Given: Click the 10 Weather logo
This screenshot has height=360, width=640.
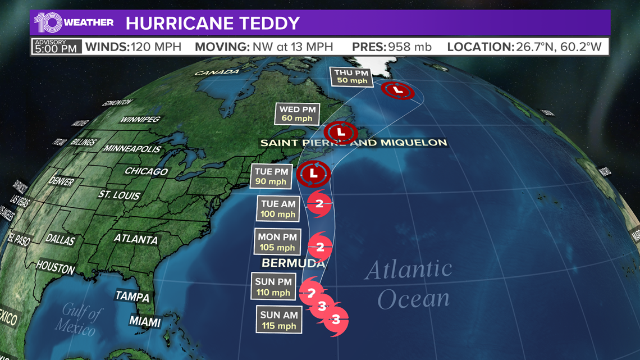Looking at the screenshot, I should pyautogui.click(x=74, y=23).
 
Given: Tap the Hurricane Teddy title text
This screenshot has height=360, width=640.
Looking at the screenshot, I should pyautogui.click(x=213, y=24).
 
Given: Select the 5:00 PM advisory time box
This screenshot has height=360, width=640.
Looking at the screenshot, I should pyautogui.click(x=56, y=46).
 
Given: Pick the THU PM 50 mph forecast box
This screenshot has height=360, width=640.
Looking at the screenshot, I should pyautogui.click(x=351, y=77).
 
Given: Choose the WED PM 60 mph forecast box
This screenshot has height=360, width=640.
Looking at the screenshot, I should pyautogui.click(x=297, y=114).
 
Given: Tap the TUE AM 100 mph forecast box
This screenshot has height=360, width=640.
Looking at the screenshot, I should pyautogui.click(x=278, y=209).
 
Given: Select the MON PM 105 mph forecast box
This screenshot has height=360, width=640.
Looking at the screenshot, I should pyautogui.click(x=277, y=242).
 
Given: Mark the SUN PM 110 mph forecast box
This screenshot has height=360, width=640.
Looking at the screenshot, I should pyautogui.click(x=273, y=287).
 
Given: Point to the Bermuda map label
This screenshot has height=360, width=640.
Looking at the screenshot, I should pyautogui.click(x=293, y=263).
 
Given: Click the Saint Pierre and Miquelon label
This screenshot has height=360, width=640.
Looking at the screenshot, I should pyautogui.click(x=354, y=143).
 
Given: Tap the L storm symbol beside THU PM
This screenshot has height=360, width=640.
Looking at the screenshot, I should pyautogui.click(x=398, y=90).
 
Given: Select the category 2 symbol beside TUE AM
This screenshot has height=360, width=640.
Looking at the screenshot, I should pyautogui.click(x=319, y=204).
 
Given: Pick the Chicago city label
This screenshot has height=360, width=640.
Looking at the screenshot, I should pyautogui.click(x=146, y=171).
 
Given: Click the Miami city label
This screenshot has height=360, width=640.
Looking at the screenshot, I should pyautogui.click(x=144, y=322).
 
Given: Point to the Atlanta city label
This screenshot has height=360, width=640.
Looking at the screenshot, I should pyautogui.click(x=136, y=239).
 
